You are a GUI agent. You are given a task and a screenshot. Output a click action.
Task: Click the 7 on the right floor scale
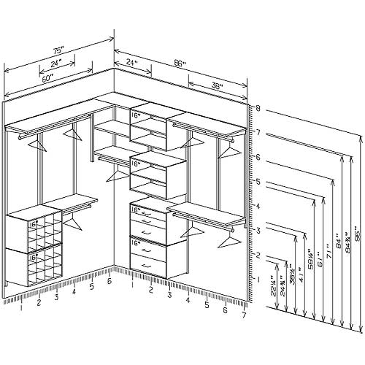pyautogui.click(x=244, y=315)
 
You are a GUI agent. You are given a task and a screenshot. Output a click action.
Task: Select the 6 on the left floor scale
pyautogui.click(x=109, y=281)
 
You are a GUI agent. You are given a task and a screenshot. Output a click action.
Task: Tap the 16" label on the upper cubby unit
pyautogui.click(x=136, y=115)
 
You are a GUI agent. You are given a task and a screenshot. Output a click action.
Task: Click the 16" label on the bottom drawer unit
pyautogui.click(x=135, y=239)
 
